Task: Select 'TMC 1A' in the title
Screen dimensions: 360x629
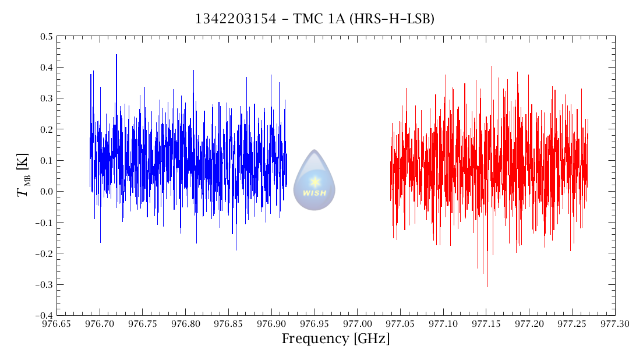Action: click(316, 19)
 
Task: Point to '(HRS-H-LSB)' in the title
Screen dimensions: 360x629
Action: click(392, 19)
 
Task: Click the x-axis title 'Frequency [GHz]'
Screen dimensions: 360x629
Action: click(335, 338)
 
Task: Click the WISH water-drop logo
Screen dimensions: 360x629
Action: click(314, 180)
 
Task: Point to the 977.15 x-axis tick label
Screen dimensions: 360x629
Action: click(486, 323)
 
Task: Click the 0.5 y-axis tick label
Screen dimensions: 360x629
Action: click(46, 37)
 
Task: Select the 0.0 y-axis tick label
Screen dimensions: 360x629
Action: click(46, 192)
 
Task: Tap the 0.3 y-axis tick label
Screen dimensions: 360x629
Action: click(46, 98)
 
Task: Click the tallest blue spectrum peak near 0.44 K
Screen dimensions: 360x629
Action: click(116, 55)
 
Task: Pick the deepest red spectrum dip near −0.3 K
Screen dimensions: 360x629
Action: click(487, 286)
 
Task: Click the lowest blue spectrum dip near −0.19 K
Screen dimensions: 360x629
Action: click(236, 250)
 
